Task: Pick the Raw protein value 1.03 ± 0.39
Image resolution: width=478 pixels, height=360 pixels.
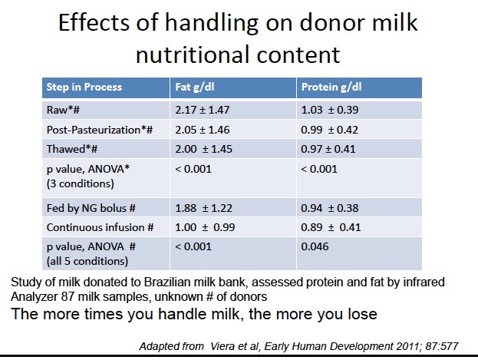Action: click(330, 111)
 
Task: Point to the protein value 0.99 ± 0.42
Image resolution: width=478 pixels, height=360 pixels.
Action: click(330, 130)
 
